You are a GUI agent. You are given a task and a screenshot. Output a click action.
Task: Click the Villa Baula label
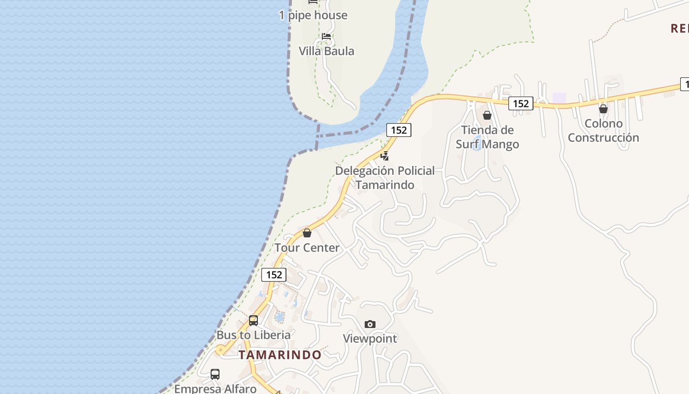[326, 51]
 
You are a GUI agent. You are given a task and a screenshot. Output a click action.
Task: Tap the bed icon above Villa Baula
[326, 36]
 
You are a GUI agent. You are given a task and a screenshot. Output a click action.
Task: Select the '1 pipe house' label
[313, 15]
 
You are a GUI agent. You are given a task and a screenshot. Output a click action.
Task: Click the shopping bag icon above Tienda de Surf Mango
[487, 115]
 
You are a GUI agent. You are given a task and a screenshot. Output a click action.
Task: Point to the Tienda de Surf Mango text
[487, 137]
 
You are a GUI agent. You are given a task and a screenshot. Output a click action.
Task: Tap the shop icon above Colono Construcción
[603, 109]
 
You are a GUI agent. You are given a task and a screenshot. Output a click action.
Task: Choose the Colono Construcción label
[603, 131]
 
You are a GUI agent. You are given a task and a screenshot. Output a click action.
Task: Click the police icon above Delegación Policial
[385, 156]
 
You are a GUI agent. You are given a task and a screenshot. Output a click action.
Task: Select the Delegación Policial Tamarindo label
[385, 178]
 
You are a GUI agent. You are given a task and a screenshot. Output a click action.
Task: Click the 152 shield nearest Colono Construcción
[521, 103]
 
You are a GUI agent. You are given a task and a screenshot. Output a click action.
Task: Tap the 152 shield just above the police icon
[399, 130]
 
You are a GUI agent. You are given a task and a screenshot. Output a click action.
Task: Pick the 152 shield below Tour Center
[274, 275]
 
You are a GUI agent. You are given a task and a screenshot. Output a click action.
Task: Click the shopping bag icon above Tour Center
[307, 233]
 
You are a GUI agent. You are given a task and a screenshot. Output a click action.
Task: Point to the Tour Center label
[307, 248]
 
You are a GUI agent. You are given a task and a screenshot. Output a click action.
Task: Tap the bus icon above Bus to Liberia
[253, 320]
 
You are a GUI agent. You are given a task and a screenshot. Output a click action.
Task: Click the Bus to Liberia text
[253, 335]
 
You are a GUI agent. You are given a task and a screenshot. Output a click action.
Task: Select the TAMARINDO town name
[280, 355]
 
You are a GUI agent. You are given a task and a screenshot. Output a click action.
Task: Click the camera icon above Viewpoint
[370, 324]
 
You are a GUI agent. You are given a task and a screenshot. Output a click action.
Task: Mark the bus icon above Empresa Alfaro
[215, 374]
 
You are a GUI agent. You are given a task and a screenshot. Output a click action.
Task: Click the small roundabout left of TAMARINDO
[220, 351]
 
